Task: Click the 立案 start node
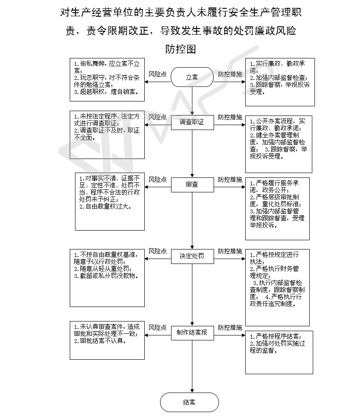192,77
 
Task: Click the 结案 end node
189,402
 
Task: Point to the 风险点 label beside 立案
157,74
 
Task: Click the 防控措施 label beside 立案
230,74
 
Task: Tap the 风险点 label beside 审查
157,179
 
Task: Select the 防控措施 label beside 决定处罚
230,251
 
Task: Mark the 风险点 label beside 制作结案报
157,327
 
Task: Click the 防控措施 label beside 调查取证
230,117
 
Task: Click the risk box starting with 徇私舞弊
107,79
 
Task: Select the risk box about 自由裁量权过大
110,202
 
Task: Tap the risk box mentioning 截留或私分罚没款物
107,278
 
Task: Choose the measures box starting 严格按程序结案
279,353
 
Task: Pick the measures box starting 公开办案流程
279,144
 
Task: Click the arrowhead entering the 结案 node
192,391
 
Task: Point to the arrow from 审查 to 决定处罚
192,220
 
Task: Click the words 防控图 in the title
181,49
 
